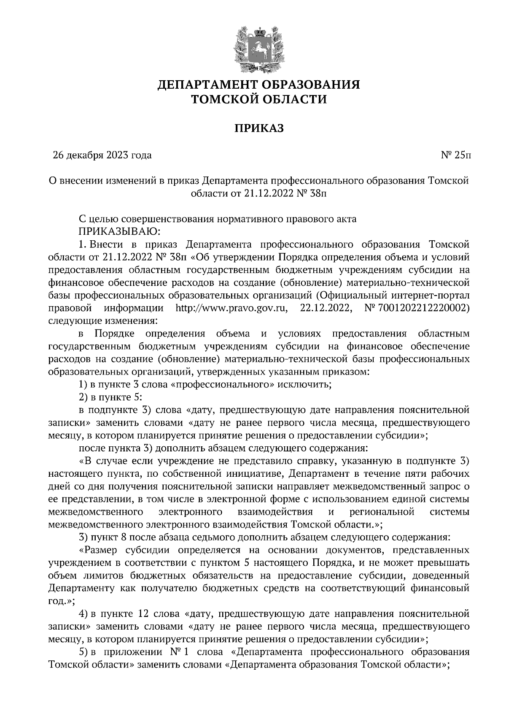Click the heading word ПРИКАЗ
(x=259, y=128)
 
